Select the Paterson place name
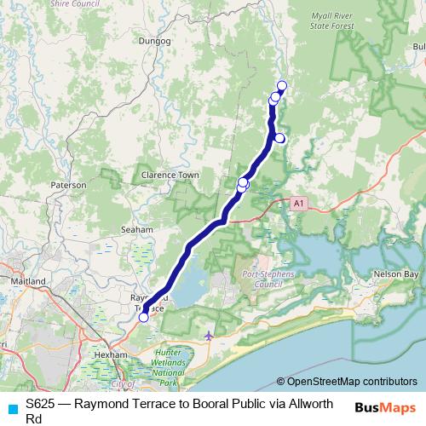[69, 184]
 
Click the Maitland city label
[27, 279]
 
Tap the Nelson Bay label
[396, 274]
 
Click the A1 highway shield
[297, 204]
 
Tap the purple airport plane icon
[210, 336]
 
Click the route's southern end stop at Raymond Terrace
[143, 318]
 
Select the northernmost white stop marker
[282, 84]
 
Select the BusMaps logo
[385, 407]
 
